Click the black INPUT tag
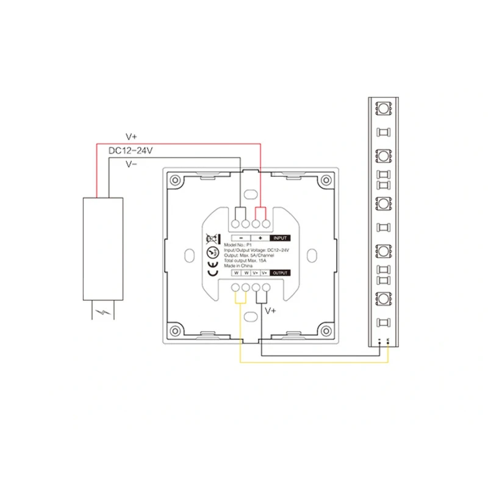tap(280, 238)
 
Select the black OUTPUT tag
tap(279, 273)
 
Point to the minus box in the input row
tap(242, 238)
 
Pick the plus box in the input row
tap(260, 238)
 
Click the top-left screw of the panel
tap(175, 181)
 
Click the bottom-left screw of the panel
tap(175, 330)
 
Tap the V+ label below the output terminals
tap(271, 310)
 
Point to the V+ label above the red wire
tap(132, 137)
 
